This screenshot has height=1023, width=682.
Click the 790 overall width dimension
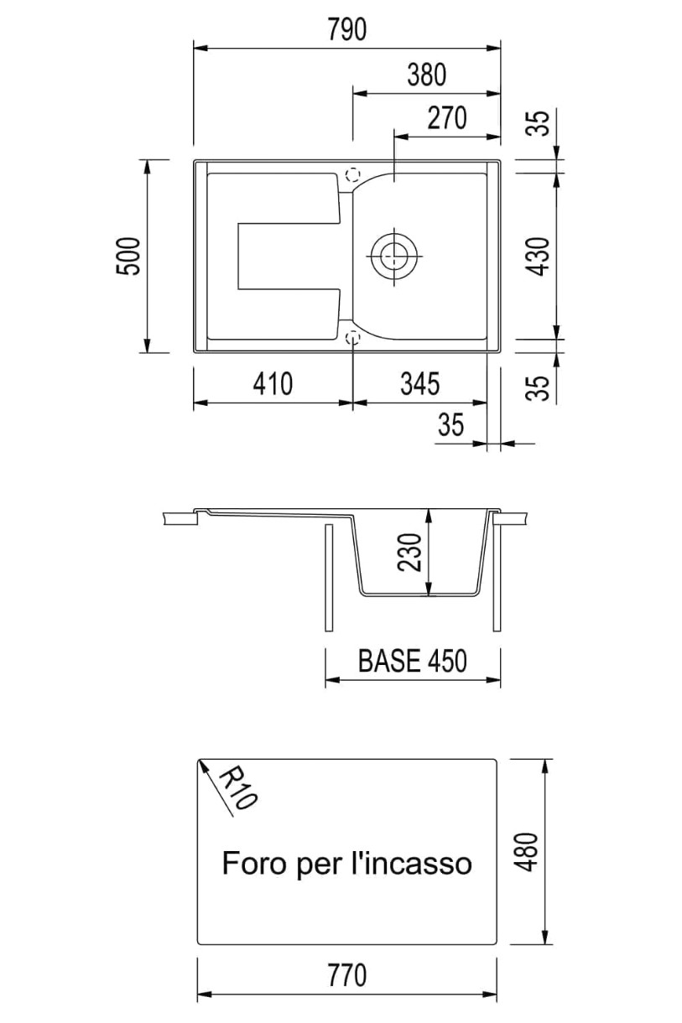click(x=347, y=29)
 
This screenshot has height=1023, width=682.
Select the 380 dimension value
click(x=427, y=75)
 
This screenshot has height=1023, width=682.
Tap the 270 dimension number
click(x=447, y=118)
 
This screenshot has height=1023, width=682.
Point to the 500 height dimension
click(x=129, y=256)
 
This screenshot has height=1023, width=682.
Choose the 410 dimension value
click(x=273, y=384)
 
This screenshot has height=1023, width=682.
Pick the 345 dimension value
click(x=420, y=384)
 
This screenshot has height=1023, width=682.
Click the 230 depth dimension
click(x=409, y=552)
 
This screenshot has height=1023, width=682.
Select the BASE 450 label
click(x=413, y=661)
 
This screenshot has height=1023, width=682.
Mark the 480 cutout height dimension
click(x=528, y=852)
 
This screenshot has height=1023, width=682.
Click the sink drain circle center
click(x=393, y=255)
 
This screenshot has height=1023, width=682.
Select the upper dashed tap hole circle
click(x=352, y=175)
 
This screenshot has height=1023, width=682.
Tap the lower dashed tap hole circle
click(x=352, y=338)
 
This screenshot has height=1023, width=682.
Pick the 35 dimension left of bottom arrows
click(x=450, y=425)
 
